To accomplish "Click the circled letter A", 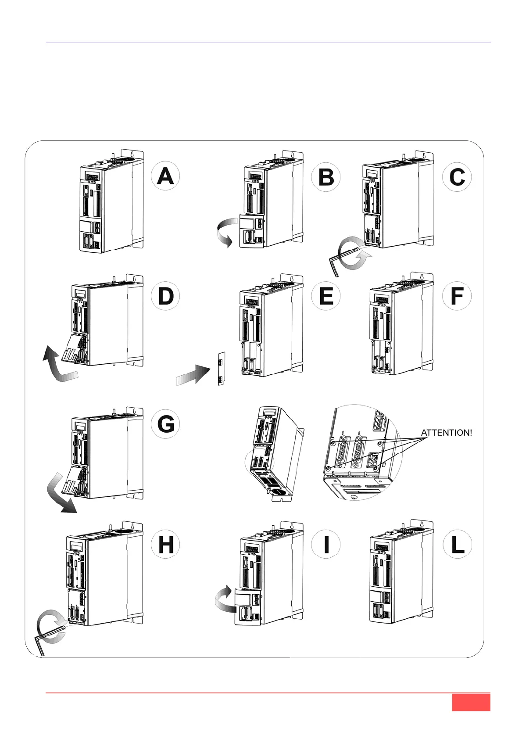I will point(165,176).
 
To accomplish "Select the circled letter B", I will point(326,177).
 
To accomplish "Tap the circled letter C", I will point(457,177).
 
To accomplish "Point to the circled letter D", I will point(165,296).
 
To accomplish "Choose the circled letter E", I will point(326,296).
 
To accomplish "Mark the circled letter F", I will point(457,296).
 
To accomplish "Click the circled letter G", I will point(165,424).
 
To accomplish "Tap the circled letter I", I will point(326,545).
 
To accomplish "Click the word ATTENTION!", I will point(447,433).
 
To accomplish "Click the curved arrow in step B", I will point(226,233).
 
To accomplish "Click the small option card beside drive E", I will point(222,369).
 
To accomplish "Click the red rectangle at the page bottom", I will point(471,702).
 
